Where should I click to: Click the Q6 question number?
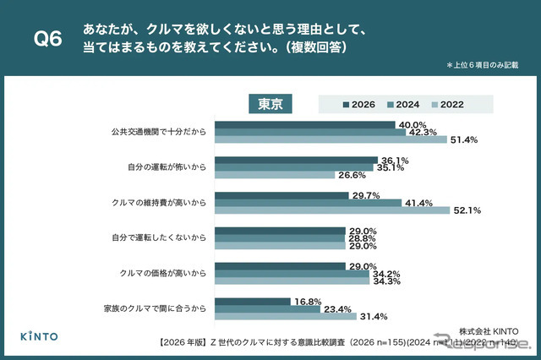point(47,40)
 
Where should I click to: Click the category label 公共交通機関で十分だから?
point(159,132)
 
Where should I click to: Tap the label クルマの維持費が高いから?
point(159,204)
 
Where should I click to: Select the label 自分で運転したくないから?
point(159,239)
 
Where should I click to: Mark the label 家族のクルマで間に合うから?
point(159,309)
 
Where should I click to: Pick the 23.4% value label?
point(336,308)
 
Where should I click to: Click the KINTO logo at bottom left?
point(39,336)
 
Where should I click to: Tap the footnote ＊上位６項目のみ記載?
point(483,65)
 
